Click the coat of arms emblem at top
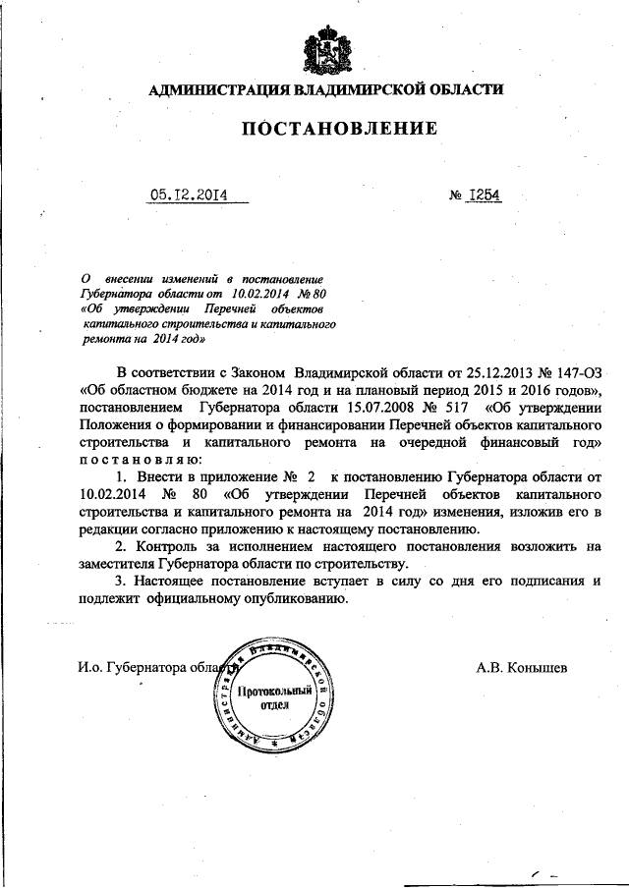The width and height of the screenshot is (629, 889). click(x=324, y=50)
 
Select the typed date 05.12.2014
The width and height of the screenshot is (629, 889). click(x=189, y=194)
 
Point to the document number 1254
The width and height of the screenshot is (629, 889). click(x=485, y=194)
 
